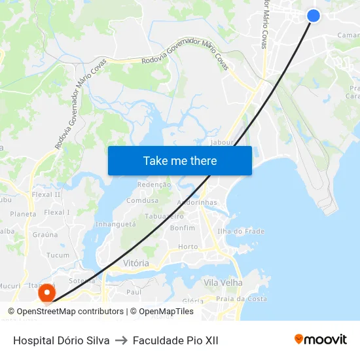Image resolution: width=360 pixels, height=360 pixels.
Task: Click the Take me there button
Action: [x=180, y=160]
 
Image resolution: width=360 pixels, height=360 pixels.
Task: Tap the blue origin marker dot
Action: [x=314, y=16]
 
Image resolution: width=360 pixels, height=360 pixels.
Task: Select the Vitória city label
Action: [x=136, y=263]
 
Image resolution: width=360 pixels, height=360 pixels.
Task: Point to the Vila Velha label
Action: [x=223, y=283]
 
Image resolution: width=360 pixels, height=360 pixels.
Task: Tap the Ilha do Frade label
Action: [x=241, y=231]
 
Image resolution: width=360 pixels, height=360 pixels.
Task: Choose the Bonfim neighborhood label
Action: [x=182, y=228]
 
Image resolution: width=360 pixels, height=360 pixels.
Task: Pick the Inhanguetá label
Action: [x=115, y=224]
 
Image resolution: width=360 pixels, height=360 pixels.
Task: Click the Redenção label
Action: [x=154, y=185]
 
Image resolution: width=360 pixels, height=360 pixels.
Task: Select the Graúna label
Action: [x=45, y=234]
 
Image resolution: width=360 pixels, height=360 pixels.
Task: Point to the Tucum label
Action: [x=58, y=255]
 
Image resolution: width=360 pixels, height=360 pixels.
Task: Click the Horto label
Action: [x=188, y=247]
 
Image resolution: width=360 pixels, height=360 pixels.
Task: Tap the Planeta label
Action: [x=23, y=214]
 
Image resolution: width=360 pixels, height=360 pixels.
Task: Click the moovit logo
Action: [x=321, y=340]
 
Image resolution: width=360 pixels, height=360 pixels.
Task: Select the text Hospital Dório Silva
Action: [x=61, y=340]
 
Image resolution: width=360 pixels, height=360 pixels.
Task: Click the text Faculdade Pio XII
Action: [x=175, y=340]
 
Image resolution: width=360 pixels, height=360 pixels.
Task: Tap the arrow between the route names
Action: [x=121, y=340]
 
